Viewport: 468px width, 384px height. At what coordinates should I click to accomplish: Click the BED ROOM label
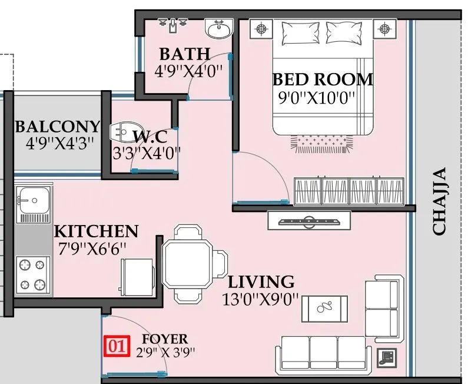pyautogui.click(x=323, y=79)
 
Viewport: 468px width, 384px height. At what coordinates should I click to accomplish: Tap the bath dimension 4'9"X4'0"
pyautogui.click(x=188, y=72)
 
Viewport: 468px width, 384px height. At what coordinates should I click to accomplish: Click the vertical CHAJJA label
pyautogui.click(x=440, y=201)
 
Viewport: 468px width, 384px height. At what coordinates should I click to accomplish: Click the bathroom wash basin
pyautogui.click(x=220, y=27)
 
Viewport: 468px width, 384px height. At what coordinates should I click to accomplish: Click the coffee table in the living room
pyautogui.click(x=324, y=307)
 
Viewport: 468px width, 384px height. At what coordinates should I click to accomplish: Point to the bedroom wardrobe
pyautogui.click(x=350, y=191)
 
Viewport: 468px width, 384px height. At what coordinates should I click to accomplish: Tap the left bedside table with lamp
pyautogui.click(x=260, y=28)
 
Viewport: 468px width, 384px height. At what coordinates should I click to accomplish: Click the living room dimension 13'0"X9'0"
pyautogui.click(x=261, y=299)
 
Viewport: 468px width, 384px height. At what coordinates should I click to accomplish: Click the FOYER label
pyautogui.click(x=165, y=339)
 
